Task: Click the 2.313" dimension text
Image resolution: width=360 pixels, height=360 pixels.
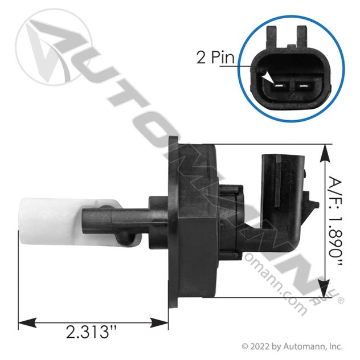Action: (91, 332)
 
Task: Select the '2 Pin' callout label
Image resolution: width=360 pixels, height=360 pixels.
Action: (215, 57)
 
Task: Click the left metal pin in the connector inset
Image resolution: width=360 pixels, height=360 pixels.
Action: (280, 87)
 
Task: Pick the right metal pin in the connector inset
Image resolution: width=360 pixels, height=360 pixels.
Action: (302, 87)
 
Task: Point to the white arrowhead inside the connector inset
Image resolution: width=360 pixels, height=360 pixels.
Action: (269, 77)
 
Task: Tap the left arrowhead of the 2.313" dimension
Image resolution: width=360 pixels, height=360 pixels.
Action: (27, 323)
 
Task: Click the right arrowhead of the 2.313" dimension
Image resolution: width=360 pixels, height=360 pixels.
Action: (159, 323)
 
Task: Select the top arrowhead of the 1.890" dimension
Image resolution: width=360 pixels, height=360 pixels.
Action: (325, 153)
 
